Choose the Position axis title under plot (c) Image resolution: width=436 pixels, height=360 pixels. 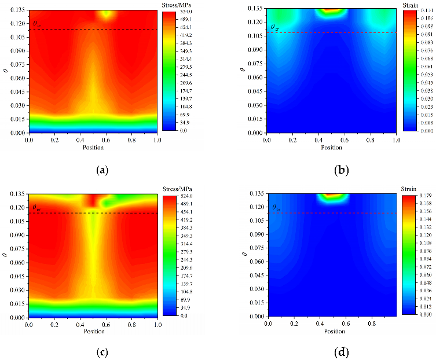[93, 332]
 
